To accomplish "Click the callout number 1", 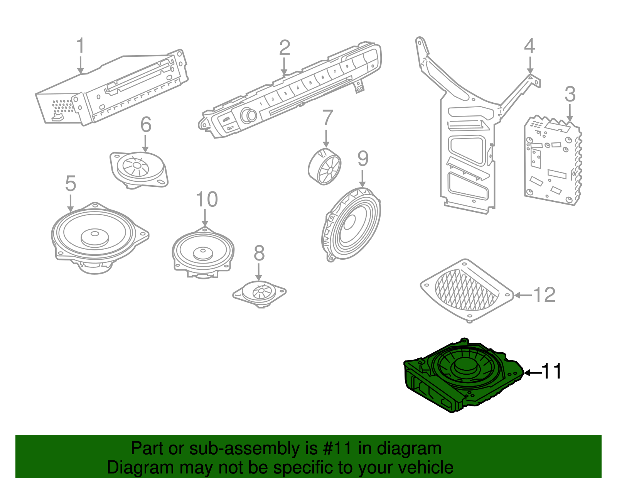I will [x=80, y=46].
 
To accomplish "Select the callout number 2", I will [x=285, y=48].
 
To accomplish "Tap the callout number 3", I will [x=570, y=95].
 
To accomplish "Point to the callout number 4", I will [x=529, y=46].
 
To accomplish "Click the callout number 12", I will [x=545, y=295].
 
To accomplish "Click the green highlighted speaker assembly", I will [x=463, y=376].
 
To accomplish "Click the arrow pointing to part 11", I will [x=532, y=372].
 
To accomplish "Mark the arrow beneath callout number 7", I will [x=326, y=139].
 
